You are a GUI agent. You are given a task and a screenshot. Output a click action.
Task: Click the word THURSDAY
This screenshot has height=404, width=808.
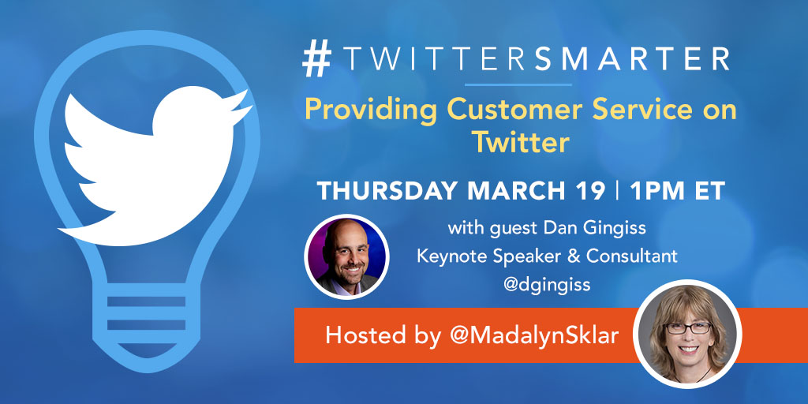pyautogui.click(x=387, y=191)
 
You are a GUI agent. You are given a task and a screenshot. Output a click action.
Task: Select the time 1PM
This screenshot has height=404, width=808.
pyautogui.click(x=658, y=191)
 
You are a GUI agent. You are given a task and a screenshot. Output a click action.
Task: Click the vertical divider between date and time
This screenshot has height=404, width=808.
pyautogui.click(x=616, y=191)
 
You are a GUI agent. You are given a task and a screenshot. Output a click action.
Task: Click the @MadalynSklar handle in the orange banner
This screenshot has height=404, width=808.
pyautogui.click(x=535, y=335)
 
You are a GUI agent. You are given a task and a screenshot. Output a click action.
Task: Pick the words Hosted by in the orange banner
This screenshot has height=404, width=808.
pyautogui.click(x=383, y=335)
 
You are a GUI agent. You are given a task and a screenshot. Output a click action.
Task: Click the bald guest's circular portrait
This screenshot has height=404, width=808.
pyautogui.click(x=346, y=256)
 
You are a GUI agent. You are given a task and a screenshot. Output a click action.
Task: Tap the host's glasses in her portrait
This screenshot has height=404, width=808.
pyautogui.click(x=688, y=328)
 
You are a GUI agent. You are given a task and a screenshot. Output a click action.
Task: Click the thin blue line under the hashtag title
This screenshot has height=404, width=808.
pyautogui.click(x=518, y=84)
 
